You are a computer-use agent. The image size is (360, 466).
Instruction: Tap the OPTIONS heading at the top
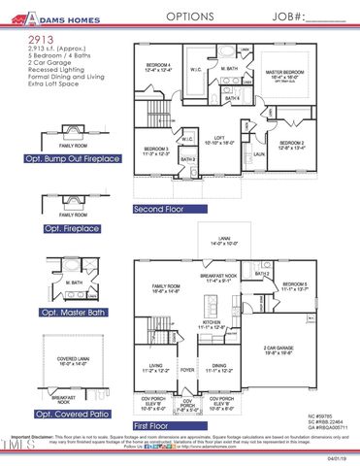(189, 17)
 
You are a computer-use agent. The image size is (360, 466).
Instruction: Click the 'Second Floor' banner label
(159, 209)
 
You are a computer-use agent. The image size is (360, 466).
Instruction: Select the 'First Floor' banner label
(153, 425)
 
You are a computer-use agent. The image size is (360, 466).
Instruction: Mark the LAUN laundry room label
(260, 152)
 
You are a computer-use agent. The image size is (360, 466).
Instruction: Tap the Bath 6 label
(233, 100)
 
